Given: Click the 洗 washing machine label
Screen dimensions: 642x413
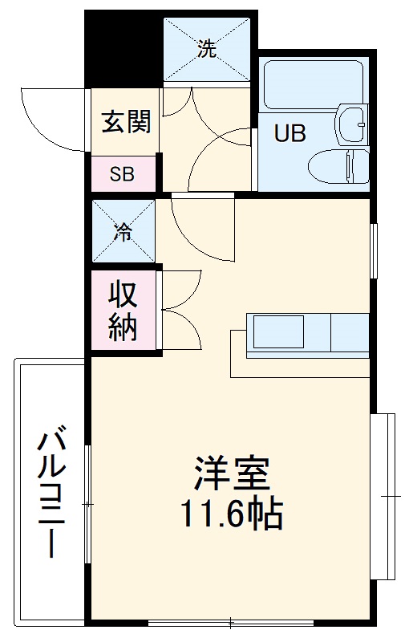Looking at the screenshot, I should [x=207, y=51].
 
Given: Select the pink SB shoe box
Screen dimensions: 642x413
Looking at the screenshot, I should [x=122, y=174].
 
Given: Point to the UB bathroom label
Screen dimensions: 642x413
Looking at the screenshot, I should [x=290, y=133].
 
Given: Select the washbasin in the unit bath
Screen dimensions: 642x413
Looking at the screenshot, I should [x=352, y=123].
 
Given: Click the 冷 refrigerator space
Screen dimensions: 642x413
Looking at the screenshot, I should [x=123, y=233].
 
